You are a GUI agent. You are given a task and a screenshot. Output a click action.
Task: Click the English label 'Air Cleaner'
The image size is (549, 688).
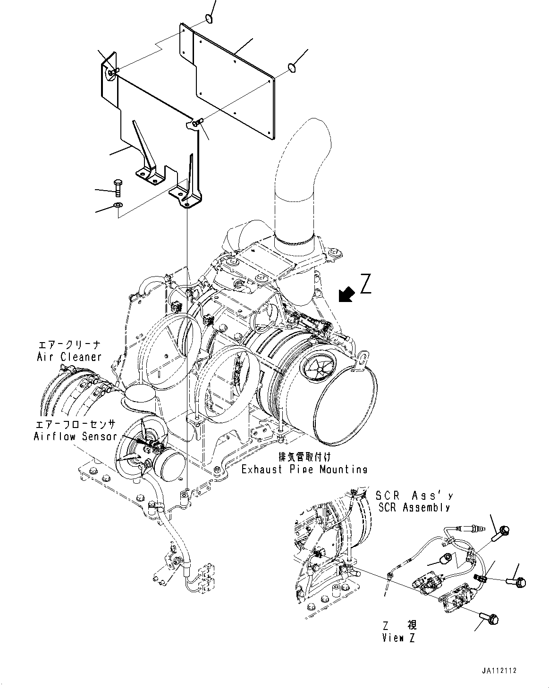pyautogui.click(x=69, y=357)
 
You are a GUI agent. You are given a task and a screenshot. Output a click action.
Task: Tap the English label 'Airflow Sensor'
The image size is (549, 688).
pyautogui.click(x=75, y=436)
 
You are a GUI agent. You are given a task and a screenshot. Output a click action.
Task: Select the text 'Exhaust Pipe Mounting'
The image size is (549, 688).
pyautogui.click(x=304, y=470)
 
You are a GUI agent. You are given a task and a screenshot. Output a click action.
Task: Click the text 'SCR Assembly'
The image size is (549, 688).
pyautogui.click(x=413, y=508)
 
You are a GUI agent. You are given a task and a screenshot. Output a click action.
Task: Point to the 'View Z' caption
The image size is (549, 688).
pyautogui.click(x=399, y=638)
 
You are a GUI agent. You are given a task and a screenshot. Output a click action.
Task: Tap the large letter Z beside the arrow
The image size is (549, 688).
pyautogui.click(x=365, y=284)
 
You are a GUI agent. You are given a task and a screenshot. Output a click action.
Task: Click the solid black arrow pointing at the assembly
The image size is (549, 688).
pyautogui.click(x=346, y=294)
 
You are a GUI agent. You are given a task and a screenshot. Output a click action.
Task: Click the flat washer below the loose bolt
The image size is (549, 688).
pyautogui.click(x=118, y=205)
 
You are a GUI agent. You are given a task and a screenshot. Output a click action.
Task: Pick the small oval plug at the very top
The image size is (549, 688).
pyautogui.click(x=208, y=18)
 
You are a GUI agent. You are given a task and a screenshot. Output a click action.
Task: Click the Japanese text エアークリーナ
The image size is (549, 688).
pyautogui.click(x=69, y=345)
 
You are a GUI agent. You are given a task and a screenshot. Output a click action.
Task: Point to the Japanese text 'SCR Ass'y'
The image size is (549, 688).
pyautogui.click(x=414, y=496)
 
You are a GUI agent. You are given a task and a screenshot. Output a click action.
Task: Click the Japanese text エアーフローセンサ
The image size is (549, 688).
pyautogui.click(x=75, y=424)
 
